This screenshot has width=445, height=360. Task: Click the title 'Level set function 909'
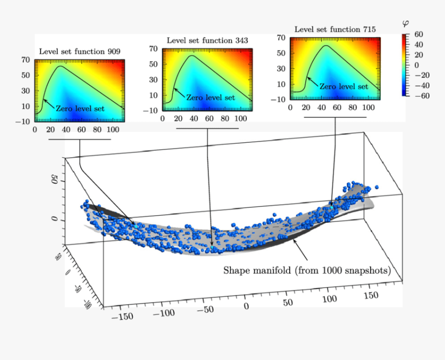pos(80,51)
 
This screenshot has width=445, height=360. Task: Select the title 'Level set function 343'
pos(207,40)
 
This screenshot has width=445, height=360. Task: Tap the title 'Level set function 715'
pos(335,29)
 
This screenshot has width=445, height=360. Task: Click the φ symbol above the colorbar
pos(405,24)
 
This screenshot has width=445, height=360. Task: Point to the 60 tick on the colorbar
pos(418,34)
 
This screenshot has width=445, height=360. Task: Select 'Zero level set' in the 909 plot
pos(80,109)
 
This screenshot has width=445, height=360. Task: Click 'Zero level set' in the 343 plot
pos(210,98)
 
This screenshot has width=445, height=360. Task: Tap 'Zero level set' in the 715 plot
pos(344,86)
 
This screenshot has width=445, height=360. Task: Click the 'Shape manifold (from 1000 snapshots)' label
pos(306,271)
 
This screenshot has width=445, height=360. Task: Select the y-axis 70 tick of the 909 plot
pos(26,59)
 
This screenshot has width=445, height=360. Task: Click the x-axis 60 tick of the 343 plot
pos(209,118)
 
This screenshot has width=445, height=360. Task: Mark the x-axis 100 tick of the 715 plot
pos(368,107)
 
